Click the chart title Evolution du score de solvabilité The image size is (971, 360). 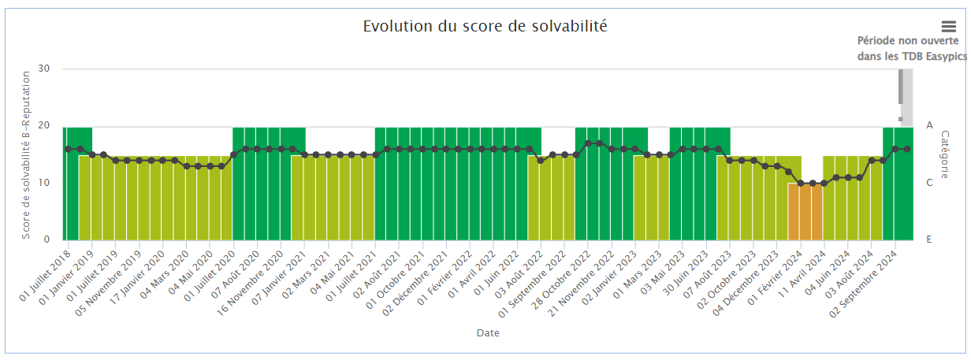point(485,27)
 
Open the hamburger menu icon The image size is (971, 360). point(949,27)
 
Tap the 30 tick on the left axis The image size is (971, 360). point(44,69)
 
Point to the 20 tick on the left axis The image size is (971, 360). point(44,125)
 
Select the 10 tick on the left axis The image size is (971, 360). point(44,183)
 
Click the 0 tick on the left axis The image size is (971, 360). point(47,239)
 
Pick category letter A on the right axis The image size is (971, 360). point(929,125)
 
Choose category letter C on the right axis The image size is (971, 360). point(929,183)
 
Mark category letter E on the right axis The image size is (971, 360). point(929,239)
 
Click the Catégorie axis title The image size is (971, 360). point(945,154)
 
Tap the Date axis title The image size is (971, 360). point(488,332)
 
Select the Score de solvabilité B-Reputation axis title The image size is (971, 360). point(26,155)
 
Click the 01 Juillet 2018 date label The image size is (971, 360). point(45,276)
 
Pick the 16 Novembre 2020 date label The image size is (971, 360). point(250,284)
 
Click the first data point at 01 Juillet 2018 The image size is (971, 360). point(68,149)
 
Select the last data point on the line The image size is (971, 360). point(907,149)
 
